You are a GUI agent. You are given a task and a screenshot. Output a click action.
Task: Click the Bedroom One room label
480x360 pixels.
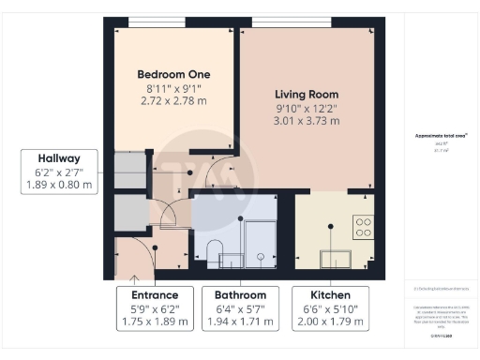[173, 74]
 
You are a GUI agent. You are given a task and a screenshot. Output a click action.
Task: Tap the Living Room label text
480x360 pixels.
[307, 95]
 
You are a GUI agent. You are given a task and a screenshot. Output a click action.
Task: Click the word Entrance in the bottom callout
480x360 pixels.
[155, 294]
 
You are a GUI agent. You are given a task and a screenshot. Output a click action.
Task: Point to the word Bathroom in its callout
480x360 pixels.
[240, 294]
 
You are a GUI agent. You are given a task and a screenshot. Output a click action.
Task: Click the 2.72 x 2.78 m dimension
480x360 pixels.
[173, 99]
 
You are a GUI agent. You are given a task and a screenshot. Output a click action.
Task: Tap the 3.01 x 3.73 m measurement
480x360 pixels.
[307, 121]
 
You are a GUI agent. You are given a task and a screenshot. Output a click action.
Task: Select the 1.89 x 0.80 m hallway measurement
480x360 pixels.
[58, 185]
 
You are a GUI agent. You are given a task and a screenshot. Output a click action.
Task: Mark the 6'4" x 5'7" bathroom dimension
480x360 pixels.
[240, 308]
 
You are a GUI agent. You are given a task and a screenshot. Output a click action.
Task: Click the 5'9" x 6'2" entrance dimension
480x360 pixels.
[155, 308]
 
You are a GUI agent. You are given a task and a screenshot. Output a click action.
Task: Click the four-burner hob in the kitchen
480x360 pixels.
[363, 226]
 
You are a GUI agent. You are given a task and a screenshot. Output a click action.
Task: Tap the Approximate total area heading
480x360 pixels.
[441, 136]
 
